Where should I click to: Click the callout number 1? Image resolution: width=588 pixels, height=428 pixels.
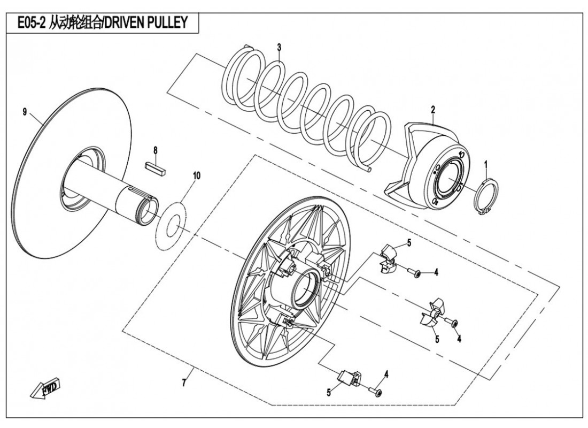click(485, 164)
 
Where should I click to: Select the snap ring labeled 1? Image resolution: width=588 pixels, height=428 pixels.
click(487, 197)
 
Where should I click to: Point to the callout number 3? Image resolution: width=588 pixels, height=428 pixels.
click(279, 48)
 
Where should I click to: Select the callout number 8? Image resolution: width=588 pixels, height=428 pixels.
click(156, 149)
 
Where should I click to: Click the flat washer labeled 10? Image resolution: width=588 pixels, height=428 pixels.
click(171, 225)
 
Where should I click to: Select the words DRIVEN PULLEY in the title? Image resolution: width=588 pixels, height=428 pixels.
click(148, 22)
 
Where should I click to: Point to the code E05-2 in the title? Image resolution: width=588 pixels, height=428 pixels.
click(29, 22)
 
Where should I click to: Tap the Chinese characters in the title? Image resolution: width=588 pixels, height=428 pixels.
click(75, 22)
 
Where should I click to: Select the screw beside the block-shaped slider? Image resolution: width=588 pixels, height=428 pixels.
click(377, 393)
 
